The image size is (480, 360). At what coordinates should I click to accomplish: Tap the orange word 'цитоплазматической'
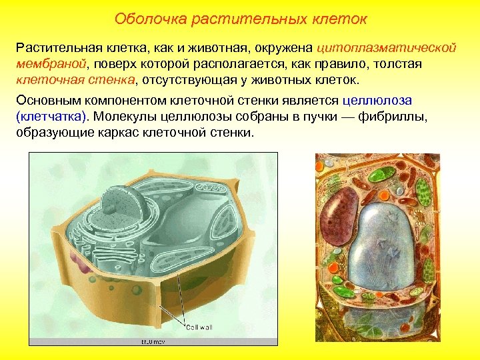[x=386, y=49]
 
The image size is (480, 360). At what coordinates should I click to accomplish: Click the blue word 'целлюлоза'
[x=377, y=101]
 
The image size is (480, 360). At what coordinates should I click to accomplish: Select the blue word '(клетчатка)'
[x=51, y=117]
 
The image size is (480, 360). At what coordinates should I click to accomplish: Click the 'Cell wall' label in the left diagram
[x=199, y=327]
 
